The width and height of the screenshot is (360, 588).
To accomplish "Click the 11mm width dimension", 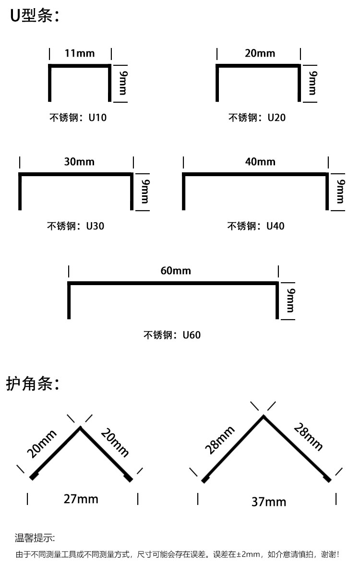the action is pyautogui.click(x=80, y=53).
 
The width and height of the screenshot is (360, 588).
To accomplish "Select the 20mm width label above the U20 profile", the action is pyautogui.click(x=260, y=53).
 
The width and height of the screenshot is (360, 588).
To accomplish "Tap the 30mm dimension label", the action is pyautogui.click(x=79, y=162).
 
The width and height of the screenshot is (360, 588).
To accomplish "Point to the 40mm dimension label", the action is pyautogui.click(x=260, y=162).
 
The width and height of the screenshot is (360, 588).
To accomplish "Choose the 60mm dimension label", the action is pyautogui.click(x=176, y=271).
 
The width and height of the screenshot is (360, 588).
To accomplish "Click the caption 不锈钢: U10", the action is pyautogui.click(x=78, y=117).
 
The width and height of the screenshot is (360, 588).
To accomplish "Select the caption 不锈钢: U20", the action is pyautogui.click(x=257, y=117).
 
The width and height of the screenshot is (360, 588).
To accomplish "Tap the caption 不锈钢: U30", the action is pyautogui.click(x=76, y=226).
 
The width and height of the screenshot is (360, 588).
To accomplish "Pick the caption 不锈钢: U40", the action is pyautogui.click(x=256, y=226).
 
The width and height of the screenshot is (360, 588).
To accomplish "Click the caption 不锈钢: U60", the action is pyautogui.click(x=172, y=335).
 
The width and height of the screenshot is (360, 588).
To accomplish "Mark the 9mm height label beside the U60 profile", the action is pyautogui.click(x=291, y=300).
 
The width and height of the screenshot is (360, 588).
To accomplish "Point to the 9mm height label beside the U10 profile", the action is pyautogui.click(x=123, y=83).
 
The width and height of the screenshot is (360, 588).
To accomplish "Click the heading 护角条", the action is pyautogui.click(x=33, y=384).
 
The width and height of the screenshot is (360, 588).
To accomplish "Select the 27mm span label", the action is pyautogui.click(x=81, y=499).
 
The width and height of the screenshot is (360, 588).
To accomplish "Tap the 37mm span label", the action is pyautogui.click(x=269, y=502).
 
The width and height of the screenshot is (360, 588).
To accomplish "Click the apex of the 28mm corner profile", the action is pyautogui.click(x=264, y=416).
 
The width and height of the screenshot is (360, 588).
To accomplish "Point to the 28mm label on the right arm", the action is pyautogui.click(x=308, y=437).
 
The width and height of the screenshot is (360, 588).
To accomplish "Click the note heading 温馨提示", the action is pyautogui.click(x=35, y=538).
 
